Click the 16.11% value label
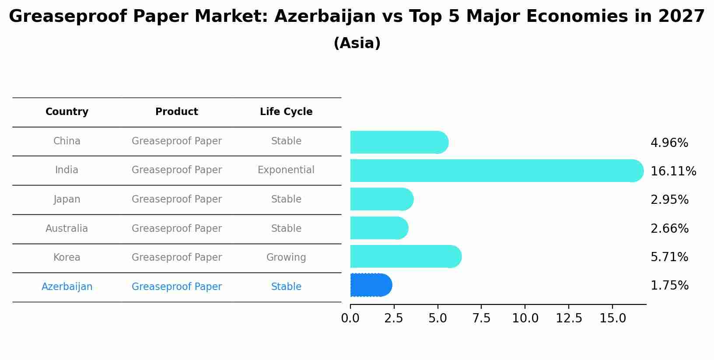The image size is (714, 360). pyautogui.click(x=673, y=171)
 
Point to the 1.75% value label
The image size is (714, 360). pyautogui.click(x=669, y=286)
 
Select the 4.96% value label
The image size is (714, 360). pyautogui.click(x=669, y=143)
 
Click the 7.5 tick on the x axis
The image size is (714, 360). pyautogui.click(x=481, y=318)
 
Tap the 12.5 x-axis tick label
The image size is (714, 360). pyautogui.click(x=569, y=318)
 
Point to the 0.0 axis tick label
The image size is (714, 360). pyautogui.click(x=350, y=318)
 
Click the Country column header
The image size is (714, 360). pyautogui.click(x=67, y=112)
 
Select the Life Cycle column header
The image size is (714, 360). pyautogui.click(x=286, y=112)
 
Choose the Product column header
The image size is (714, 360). pyautogui.click(x=177, y=112)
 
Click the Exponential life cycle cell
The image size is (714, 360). pyautogui.click(x=286, y=170)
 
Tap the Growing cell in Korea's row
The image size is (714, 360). pyautogui.click(x=286, y=258)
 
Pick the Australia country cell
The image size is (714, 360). pyautogui.click(x=67, y=229)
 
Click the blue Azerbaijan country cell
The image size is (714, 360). pyautogui.click(x=67, y=287)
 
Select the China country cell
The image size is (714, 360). pyautogui.click(x=67, y=141)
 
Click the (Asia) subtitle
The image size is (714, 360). pyautogui.click(x=357, y=43)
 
